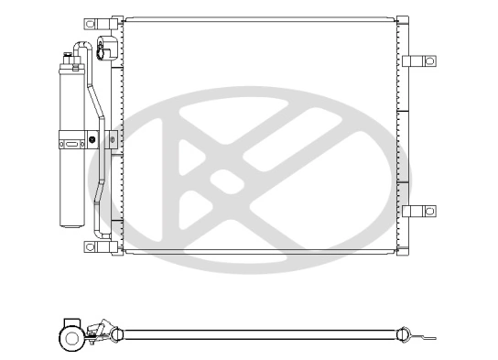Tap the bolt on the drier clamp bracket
[93, 140]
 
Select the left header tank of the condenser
[116, 137]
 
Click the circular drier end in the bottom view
[70, 338]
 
